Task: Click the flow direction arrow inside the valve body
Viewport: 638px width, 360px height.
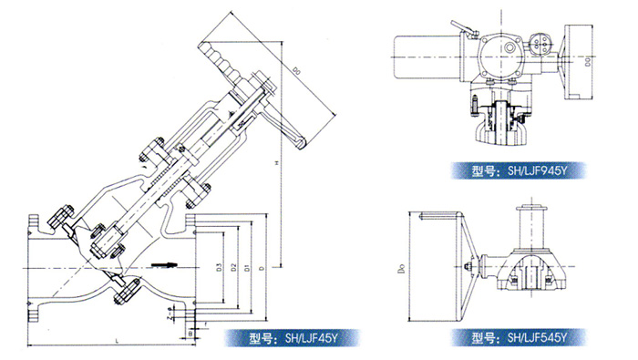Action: [x=164, y=265]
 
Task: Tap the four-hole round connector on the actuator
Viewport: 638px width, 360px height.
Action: [x=539, y=42]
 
